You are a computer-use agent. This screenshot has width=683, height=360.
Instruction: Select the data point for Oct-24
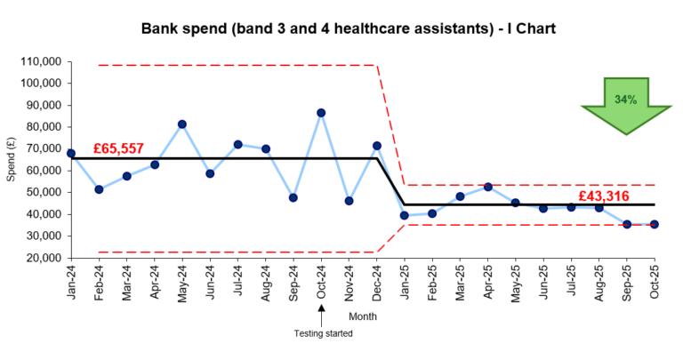tap(321, 113)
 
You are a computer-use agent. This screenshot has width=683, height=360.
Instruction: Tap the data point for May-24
tap(182, 124)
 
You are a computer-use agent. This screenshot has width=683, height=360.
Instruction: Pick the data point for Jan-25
tap(405, 215)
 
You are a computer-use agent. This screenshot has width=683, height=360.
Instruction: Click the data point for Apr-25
tap(487, 187)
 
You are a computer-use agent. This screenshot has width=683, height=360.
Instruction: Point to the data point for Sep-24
tap(293, 197)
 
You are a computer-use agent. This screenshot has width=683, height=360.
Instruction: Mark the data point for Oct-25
tap(655, 224)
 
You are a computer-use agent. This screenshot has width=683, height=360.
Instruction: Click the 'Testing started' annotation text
tap(324, 333)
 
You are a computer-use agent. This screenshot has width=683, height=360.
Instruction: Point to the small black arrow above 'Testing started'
tap(321, 310)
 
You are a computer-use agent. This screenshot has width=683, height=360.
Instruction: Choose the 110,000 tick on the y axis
tap(37, 62)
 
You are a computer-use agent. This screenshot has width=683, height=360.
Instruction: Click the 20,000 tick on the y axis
tap(41, 258)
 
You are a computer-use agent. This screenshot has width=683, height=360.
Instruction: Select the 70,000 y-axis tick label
tap(41, 149)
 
